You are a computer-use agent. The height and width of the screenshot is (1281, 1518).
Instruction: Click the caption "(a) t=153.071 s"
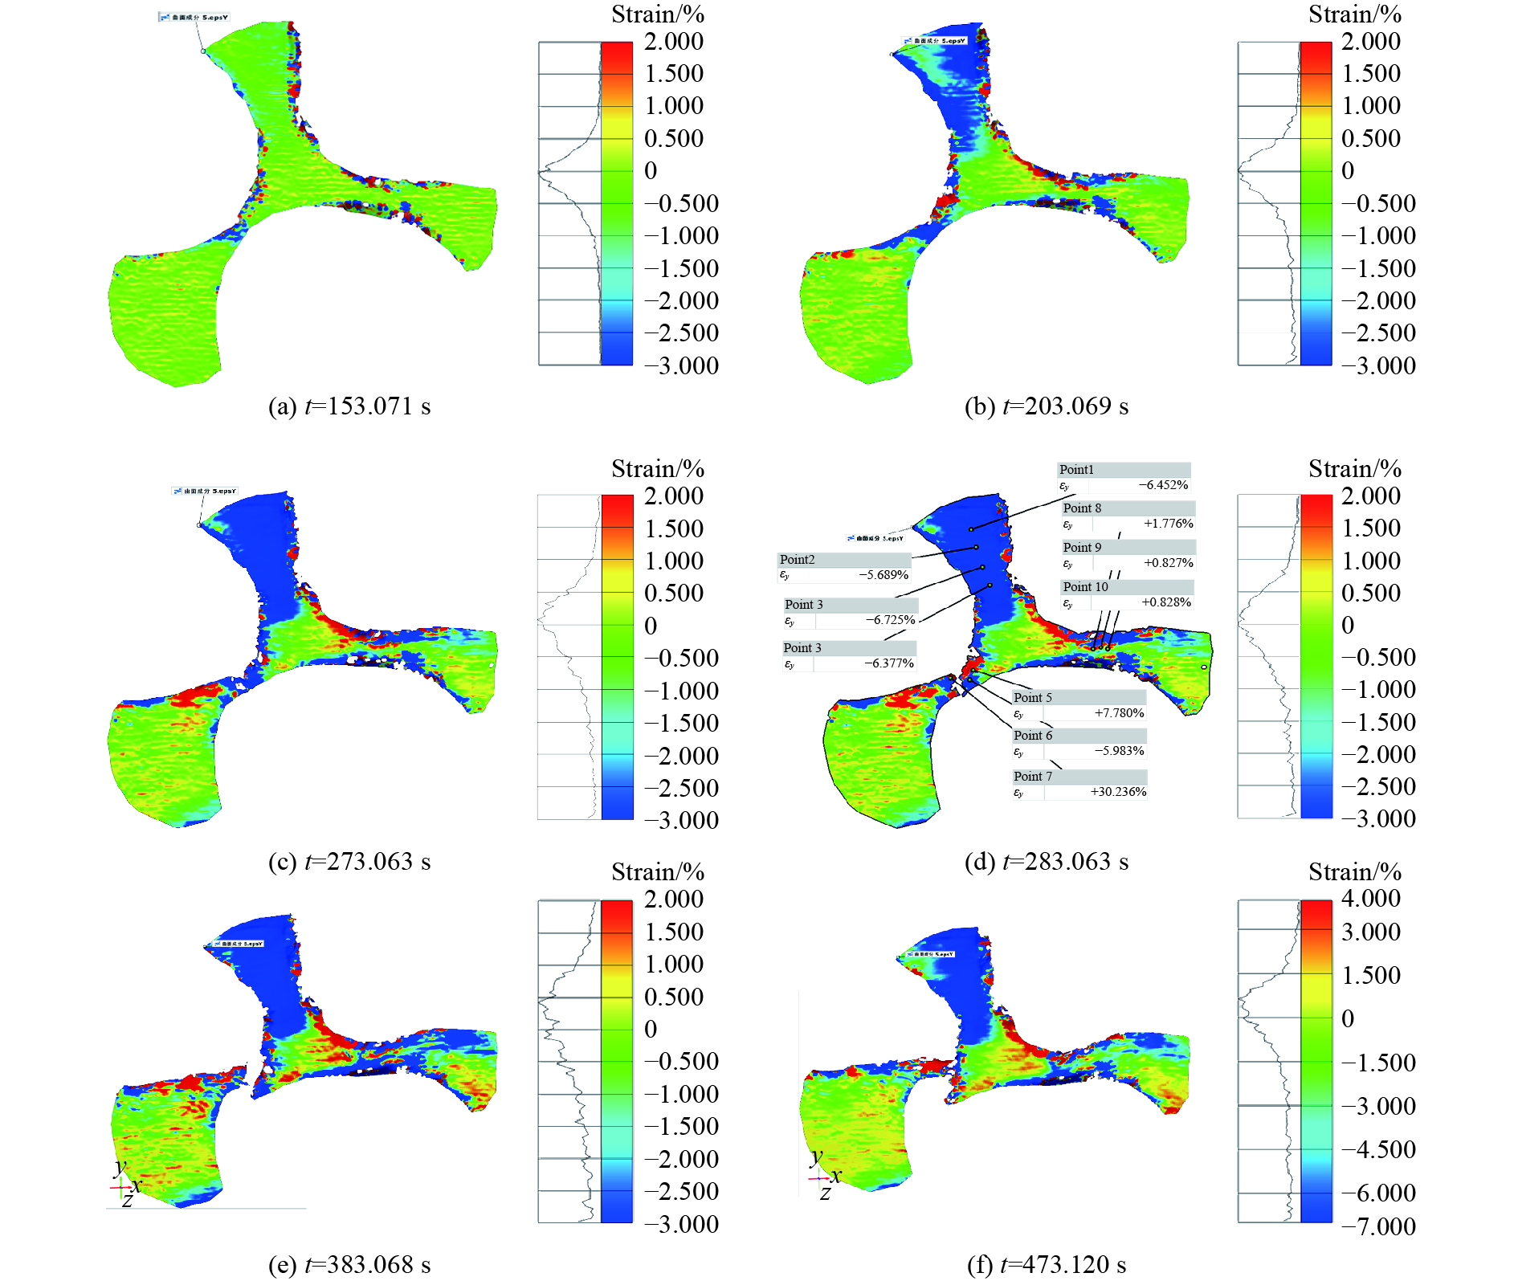[349, 406]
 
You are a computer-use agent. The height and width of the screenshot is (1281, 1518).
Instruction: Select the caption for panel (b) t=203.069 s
[1047, 406]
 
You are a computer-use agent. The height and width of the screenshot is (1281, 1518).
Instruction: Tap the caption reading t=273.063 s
[349, 862]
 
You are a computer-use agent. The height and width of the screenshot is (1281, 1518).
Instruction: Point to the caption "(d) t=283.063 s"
[1047, 862]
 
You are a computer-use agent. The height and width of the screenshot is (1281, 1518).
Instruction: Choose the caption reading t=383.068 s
[349, 1265]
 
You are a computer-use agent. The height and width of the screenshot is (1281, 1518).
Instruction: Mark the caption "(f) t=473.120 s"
[1047, 1265]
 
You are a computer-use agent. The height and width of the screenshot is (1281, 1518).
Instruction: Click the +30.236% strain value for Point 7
[1118, 792]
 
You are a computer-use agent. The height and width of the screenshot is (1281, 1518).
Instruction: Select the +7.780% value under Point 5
[1119, 713]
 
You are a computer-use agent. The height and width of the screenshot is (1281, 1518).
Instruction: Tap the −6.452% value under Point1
[1163, 485]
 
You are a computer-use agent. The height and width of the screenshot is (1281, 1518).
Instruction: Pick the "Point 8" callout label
[1082, 508]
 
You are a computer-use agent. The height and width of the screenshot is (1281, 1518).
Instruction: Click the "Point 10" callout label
[1085, 587]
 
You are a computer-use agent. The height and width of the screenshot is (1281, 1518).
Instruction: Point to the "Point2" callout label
[797, 560]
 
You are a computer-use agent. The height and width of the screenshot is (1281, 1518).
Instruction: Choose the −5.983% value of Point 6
[1119, 751]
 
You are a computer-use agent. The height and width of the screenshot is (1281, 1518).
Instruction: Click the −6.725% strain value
[890, 620]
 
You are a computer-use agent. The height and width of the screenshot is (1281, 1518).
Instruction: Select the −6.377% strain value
[888, 663]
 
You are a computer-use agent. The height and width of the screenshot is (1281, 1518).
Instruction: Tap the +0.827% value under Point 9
[1169, 563]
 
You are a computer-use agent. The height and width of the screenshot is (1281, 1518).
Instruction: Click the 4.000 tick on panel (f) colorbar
[1370, 899]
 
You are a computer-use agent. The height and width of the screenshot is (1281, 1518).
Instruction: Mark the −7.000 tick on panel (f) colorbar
[1378, 1226]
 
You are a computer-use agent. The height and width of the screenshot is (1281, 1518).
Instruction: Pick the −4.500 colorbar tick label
[1378, 1149]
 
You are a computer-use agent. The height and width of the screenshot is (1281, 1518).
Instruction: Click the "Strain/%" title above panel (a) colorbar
[657, 14]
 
